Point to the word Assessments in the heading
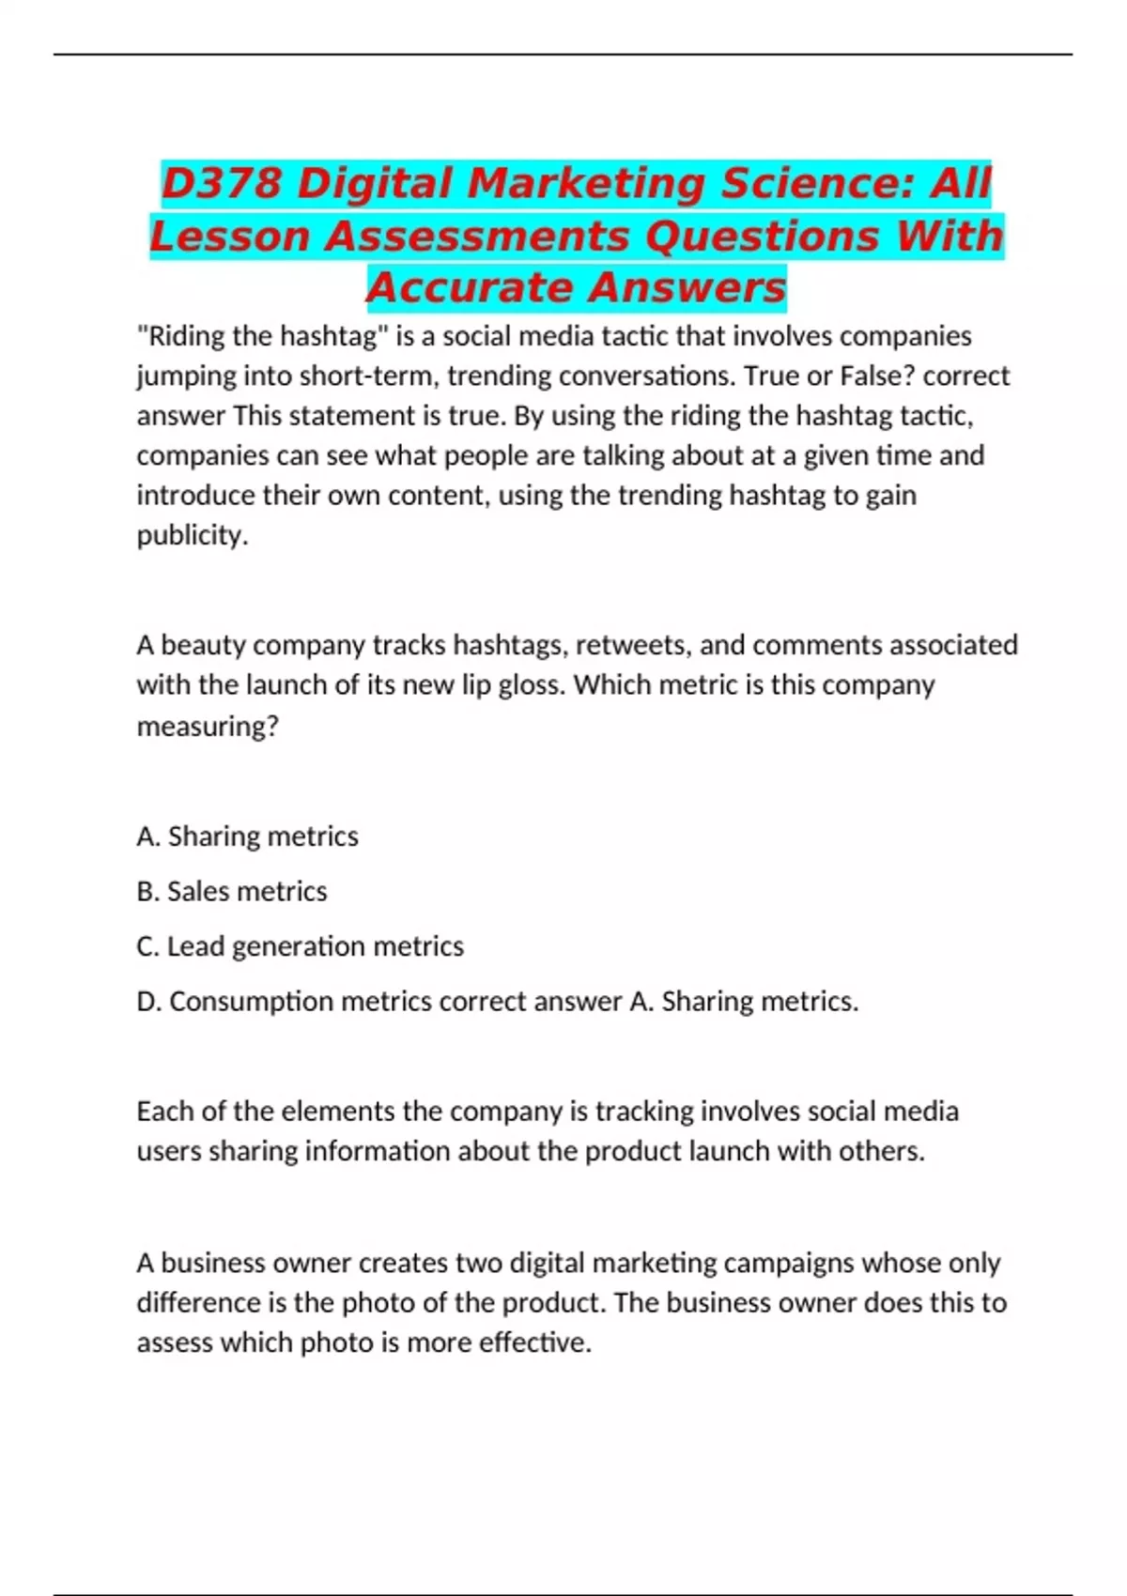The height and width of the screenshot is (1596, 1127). click(x=478, y=236)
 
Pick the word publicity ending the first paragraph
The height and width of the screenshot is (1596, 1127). click(x=193, y=535)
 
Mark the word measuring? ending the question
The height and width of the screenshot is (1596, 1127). click(x=208, y=726)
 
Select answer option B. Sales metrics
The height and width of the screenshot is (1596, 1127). click(x=232, y=891)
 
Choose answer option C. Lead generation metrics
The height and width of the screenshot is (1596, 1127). click(x=300, y=946)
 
